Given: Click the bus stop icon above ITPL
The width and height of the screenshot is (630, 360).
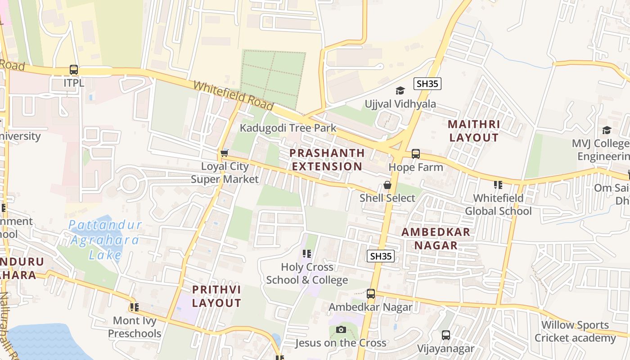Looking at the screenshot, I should click(74, 70).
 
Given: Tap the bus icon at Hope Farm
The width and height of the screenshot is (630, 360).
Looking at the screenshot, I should click(415, 154).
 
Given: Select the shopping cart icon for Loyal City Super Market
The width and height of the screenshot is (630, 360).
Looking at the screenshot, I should click(224, 153).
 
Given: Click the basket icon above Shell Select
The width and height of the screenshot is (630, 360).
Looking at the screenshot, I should click(387, 185).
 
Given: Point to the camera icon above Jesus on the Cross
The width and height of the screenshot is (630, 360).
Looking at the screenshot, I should click(341, 330).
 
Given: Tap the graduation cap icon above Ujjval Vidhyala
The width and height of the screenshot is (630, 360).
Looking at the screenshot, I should click(400, 91).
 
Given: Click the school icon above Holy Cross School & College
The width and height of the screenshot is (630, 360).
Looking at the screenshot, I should click(307, 254).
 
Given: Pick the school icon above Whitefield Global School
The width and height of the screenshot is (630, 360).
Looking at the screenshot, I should click(498, 185).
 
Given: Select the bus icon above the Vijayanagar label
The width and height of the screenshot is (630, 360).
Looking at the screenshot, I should click(445, 335).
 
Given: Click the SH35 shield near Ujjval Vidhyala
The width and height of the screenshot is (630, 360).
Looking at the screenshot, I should click(427, 84).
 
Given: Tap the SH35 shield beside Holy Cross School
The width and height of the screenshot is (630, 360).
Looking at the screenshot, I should click(381, 256).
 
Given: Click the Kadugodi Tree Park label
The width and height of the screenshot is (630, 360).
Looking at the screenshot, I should click(288, 128).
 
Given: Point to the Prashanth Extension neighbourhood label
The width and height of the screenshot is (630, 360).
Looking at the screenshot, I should click(327, 159).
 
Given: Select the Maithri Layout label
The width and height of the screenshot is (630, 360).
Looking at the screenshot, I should click(474, 130).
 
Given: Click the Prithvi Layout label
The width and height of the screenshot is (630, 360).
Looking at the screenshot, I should click(216, 296).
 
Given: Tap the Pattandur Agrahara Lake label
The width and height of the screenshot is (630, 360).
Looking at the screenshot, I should click(104, 240).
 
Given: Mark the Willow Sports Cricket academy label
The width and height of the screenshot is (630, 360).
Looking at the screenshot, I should click(575, 331).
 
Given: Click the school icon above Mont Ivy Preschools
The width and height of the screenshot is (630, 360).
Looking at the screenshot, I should click(134, 307).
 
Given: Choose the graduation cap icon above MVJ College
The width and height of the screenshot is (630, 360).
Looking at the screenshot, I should click(607, 130).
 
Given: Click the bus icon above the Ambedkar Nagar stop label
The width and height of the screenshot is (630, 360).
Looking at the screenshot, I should click(370, 294).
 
